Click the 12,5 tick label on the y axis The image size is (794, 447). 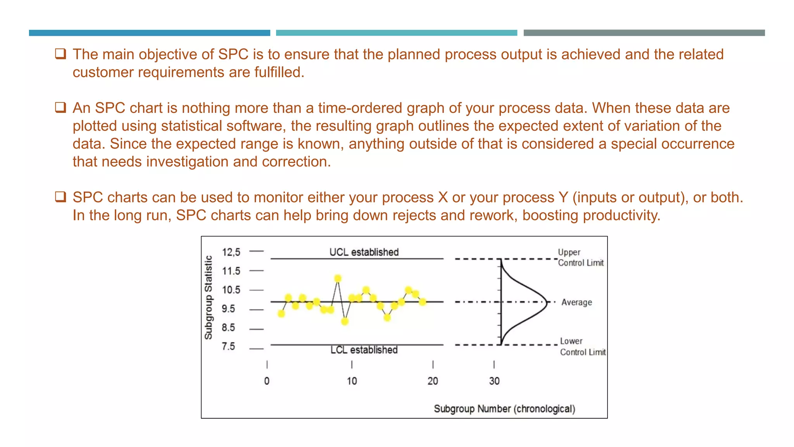pyautogui.click(x=231, y=252)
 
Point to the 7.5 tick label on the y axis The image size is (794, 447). pyautogui.click(x=228, y=346)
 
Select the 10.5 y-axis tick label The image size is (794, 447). pyautogui.click(x=231, y=290)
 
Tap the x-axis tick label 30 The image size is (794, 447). pyautogui.click(x=494, y=381)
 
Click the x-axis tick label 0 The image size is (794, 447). pyautogui.click(x=267, y=381)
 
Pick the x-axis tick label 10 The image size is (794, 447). pyautogui.click(x=352, y=381)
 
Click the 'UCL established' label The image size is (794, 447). pyautogui.click(x=364, y=252)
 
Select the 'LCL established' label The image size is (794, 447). pyautogui.click(x=364, y=350)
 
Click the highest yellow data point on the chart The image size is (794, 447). pyautogui.click(x=338, y=279)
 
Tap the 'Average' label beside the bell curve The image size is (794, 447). pyautogui.click(x=577, y=302)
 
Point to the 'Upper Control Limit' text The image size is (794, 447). pyautogui.click(x=580, y=258)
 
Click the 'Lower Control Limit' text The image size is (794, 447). pyautogui.click(x=582, y=347)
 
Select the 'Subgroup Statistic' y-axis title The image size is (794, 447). pyautogui.click(x=209, y=298)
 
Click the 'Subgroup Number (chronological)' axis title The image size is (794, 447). pyautogui.click(x=504, y=409)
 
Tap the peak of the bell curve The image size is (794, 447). pyautogui.click(x=546, y=302)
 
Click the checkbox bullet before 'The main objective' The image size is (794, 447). pyautogui.click(x=60, y=54)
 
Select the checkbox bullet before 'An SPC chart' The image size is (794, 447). pyautogui.click(x=60, y=107)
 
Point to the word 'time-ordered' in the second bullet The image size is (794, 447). pyautogui.click(x=360, y=108)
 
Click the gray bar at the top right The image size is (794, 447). pyautogui.click(x=644, y=33)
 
